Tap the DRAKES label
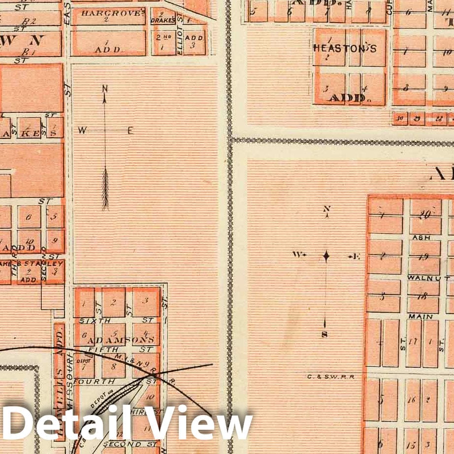pos(164,20)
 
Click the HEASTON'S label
pos(345,48)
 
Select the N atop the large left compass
pos(105,89)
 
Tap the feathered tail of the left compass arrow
pos(105,190)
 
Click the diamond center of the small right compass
pos(326,256)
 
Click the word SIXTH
pos(89,320)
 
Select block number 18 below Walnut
pos(422,297)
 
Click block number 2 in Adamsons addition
pos(114,302)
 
